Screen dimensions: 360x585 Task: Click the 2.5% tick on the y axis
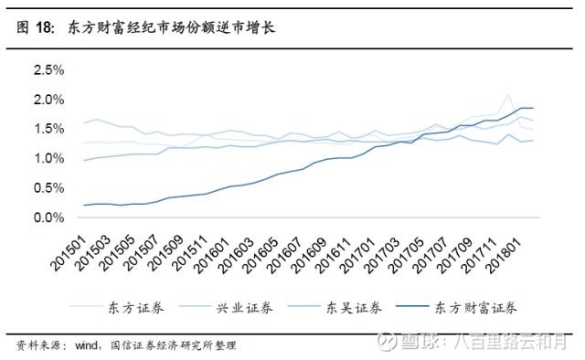coord(48,70)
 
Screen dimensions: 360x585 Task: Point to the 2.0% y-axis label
coord(48,100)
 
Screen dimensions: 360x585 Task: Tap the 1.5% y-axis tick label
coord(48,130)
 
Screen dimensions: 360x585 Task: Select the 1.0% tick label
coord(48,159)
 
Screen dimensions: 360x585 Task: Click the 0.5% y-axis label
coord(48,189)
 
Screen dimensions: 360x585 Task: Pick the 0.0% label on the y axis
coord(48,218)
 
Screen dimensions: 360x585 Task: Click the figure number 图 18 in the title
coord(35,28)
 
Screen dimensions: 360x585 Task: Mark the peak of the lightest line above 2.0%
coord(508,94)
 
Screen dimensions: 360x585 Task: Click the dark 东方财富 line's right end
coord(533,109)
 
